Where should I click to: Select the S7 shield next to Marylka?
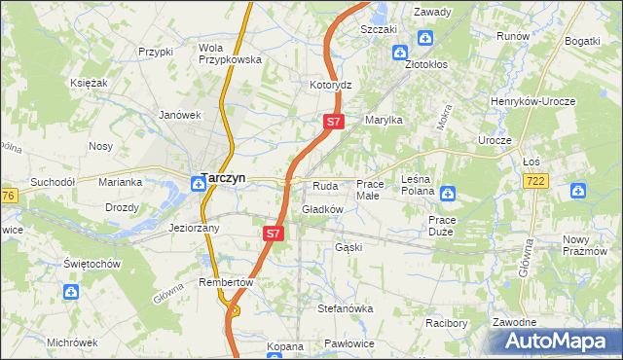pos(333,122)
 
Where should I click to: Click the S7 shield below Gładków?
pos(274,234)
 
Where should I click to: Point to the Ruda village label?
pos(324,185)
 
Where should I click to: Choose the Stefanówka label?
pos(346,308)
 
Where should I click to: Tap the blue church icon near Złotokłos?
pos(425,39)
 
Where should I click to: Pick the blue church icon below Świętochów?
pos(71,291)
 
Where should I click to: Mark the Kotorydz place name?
pos(330,85)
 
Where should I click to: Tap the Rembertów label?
pos(226,282)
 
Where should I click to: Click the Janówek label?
pos(180,114)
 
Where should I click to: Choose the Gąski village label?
pos(348,247)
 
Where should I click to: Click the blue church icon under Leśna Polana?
pos(447,193)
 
